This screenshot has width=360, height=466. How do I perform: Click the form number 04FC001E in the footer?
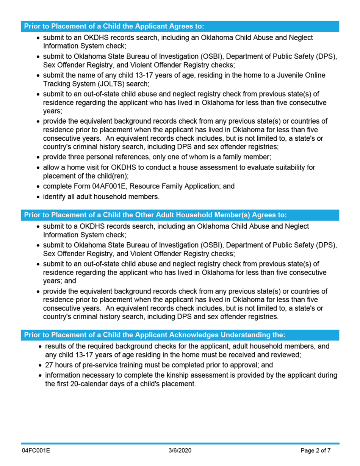[36, 451]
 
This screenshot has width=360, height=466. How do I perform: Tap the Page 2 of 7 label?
[316, 451]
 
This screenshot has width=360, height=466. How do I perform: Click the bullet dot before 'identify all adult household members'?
[38, 197]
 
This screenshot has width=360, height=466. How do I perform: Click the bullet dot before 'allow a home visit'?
[38, 168]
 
